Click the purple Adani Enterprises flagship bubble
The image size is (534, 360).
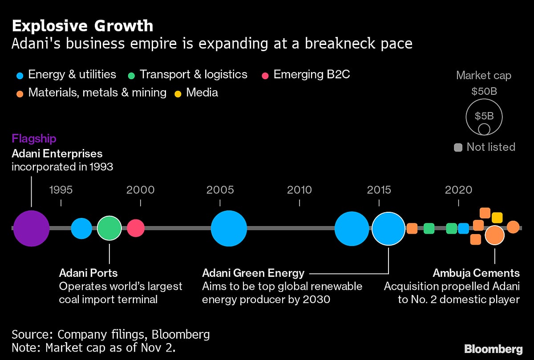(x=31, y=228)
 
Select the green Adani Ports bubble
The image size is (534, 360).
(x=109, y=228)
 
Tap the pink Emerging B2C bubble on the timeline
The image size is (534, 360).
(x=136, y=228)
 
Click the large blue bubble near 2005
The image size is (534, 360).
(x=229, y=228)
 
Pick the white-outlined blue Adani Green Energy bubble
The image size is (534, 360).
(x=388, y=228)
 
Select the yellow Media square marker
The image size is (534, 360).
(x=497, y=218)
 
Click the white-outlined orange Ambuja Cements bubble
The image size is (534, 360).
(x=494, y=235)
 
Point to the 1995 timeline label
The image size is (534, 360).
(x=61, y=190)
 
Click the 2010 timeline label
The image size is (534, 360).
(x=299, y=190)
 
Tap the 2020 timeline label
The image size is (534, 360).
(x=458, y=190)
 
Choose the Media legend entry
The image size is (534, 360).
(x=202, y=93)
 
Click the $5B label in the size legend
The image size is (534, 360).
(x=484, y=116)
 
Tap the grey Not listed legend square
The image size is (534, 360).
(x=458, y=147)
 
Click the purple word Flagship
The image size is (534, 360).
(x=34, y=138)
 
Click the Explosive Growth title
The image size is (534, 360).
(x=82, y=26)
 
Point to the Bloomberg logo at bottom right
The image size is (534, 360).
(x=493, y=348)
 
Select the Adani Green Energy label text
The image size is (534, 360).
(x=253, y=273)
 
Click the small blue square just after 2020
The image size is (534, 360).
(x=463, y=228)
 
